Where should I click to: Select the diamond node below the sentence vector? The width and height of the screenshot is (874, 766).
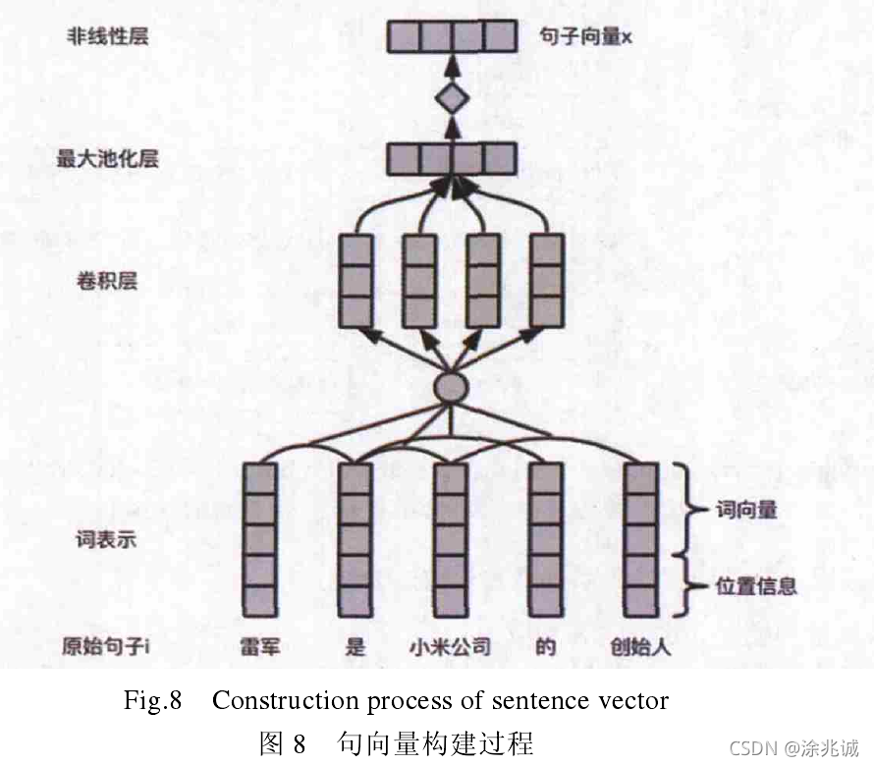pyautogui.click(x=451, y=98)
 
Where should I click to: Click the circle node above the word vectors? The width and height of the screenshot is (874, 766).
pyautogui.click(x=451, y=386)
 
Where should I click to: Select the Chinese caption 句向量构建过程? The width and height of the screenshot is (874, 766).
pyautogui.click(x=435, y=742)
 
